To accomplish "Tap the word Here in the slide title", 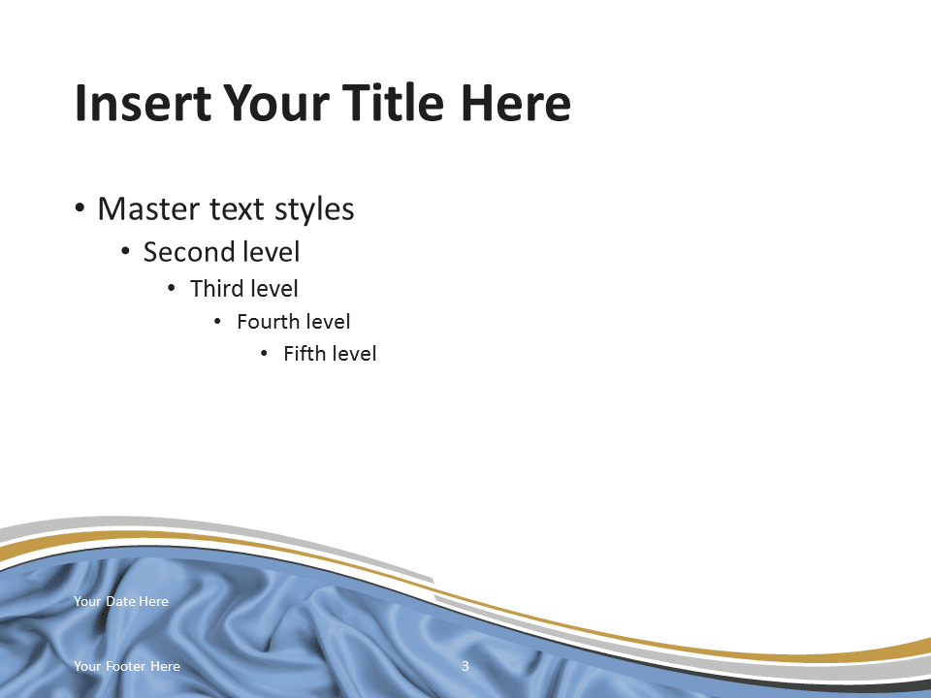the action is click(515, 103).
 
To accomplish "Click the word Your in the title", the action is click(275, 103).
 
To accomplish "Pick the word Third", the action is click(217, 289).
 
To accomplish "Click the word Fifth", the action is click(304, 354).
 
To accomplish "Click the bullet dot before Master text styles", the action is click(80, 208).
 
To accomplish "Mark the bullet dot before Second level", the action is click(125, 252).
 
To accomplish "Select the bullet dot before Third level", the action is click(172, 289).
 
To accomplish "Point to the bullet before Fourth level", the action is click(217, 322).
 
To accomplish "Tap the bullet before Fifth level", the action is click(264, 355).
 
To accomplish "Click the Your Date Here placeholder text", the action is click(121, 601).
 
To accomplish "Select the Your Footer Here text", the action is click(127, 666).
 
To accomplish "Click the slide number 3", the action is click(465, 666).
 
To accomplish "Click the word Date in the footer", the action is click(120, 601).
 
